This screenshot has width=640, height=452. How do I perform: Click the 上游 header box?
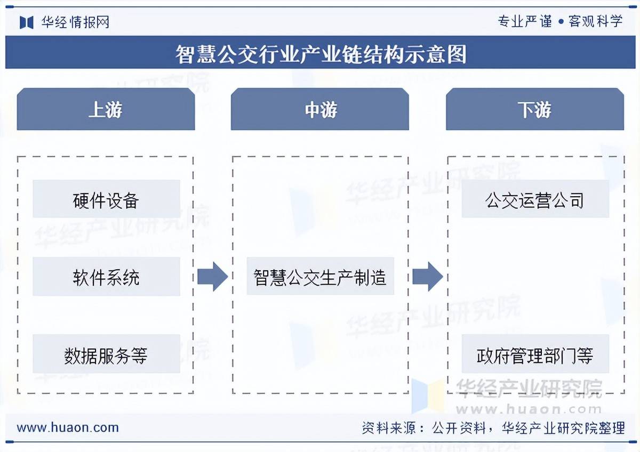106,110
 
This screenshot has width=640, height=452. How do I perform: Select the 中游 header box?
320,110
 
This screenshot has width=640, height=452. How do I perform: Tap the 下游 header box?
534,110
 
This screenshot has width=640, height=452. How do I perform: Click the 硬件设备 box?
106,199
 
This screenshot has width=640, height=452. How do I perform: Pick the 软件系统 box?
106,277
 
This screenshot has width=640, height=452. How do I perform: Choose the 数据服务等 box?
106,354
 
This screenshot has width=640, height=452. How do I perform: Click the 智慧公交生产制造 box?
320,277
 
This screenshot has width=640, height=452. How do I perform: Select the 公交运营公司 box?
535,199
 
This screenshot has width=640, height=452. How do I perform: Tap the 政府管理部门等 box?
535,354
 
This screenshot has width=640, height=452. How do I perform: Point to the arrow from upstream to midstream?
212,277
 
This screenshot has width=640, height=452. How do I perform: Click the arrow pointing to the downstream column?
427,277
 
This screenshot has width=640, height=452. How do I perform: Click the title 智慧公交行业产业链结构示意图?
321,53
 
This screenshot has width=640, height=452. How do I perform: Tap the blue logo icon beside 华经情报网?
27,22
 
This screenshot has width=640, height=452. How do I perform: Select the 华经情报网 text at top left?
75,22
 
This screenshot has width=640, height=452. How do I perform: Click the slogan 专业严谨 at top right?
525,21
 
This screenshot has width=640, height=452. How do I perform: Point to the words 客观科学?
596,21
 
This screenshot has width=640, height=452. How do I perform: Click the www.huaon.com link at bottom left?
68,427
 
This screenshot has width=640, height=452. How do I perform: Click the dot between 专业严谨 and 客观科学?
561,22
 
